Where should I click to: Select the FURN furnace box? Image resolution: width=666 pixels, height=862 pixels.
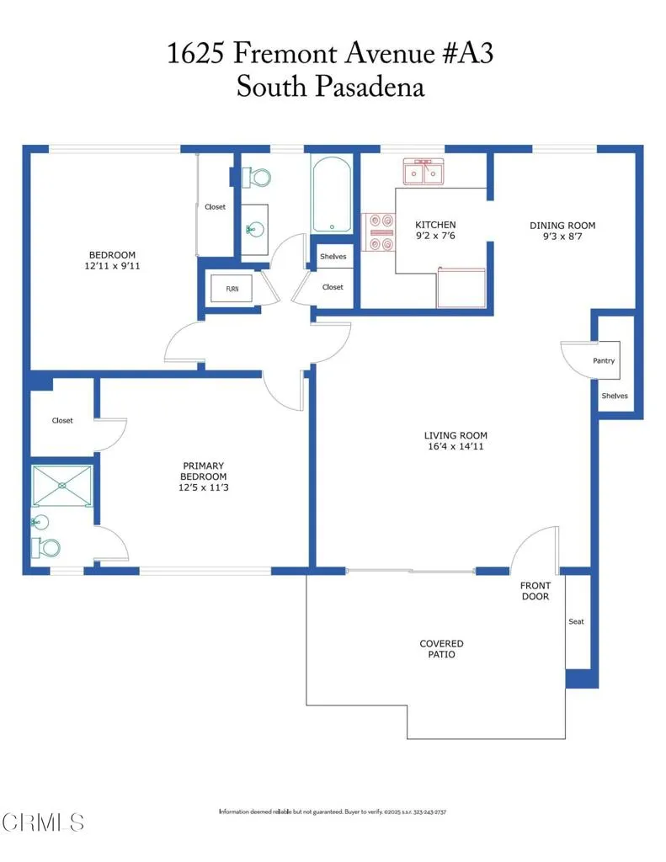tap(232, 289)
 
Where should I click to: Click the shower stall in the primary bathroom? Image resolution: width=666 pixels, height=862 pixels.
tap(61, 486)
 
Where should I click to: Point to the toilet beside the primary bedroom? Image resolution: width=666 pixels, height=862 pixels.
tap(47, 547)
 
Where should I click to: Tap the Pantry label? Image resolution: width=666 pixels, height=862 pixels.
tap(603, 360)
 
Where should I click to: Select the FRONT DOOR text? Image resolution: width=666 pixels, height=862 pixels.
tap(535, 591)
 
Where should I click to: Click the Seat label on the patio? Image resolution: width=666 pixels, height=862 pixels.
tap(576, 621)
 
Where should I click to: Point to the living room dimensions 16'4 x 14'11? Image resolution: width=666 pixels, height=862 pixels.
tap(455, 446)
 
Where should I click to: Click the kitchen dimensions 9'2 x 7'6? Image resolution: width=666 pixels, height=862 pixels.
tap(435, 237)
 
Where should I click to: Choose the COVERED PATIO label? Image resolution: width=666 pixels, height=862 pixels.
tap(441, 649)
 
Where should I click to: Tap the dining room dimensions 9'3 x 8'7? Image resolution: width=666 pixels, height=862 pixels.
tap(562, 237)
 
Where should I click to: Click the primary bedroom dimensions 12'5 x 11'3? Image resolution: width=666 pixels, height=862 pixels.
tap(203, 487)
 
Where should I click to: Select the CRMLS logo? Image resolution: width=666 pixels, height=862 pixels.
tap(43, 821)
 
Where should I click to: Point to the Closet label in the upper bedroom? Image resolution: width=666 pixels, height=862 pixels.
tap(215, 207)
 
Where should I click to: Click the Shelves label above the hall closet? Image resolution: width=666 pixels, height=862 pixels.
tap(333, 257)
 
